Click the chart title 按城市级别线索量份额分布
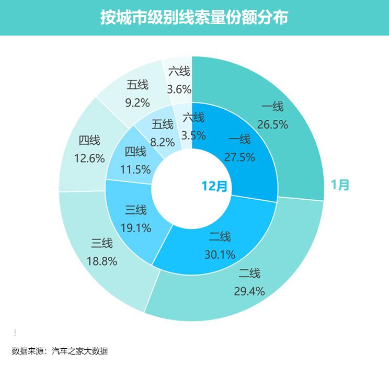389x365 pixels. coord(194,17)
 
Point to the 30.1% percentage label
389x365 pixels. coord(219,255)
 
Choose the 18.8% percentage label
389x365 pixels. coord(102,261)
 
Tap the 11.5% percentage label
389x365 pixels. coord(135,169)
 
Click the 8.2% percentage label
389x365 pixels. coord(162,141)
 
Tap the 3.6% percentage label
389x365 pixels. coord(179,89)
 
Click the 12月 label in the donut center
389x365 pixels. coord(215,186)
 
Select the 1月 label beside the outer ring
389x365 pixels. coord(339,184)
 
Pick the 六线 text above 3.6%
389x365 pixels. coord(179,72)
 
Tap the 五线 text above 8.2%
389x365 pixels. coord(162,124)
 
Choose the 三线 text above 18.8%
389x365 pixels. coord(102,243)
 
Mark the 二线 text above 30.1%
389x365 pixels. coord(219,237)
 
